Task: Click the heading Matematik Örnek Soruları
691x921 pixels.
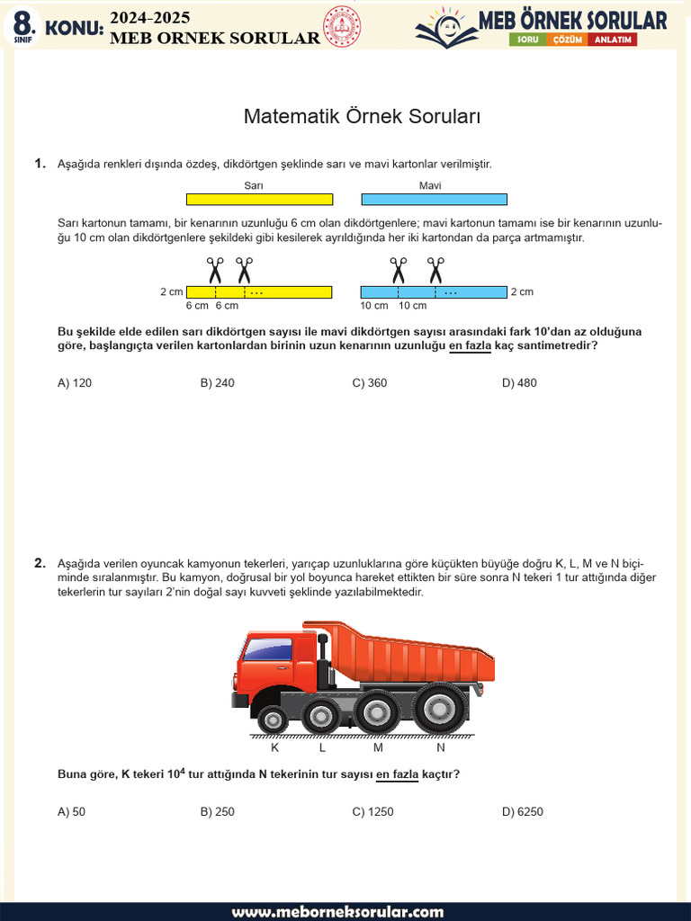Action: point(363,117)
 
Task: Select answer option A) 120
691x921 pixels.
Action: point(75,383)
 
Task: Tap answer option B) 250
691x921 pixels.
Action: point(217,812)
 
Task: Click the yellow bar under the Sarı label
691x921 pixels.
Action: point(259,200)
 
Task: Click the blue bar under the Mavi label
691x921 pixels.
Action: point(434,200)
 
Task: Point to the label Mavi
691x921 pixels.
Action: point(430,186)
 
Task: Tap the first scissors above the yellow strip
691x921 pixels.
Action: point(215,269)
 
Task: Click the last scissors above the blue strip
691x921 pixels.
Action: point(435,269)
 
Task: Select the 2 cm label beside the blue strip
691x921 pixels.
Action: point(522,292)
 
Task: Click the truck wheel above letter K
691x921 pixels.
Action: point(273,719)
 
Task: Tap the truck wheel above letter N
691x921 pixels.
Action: point(440,709)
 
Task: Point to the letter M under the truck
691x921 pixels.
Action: point(378,747)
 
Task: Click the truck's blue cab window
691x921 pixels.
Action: point(267,649)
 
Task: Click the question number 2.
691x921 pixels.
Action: point(40,564)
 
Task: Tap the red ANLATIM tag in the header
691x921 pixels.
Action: point(612,40)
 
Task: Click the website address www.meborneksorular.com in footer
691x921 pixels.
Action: point(337,911)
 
